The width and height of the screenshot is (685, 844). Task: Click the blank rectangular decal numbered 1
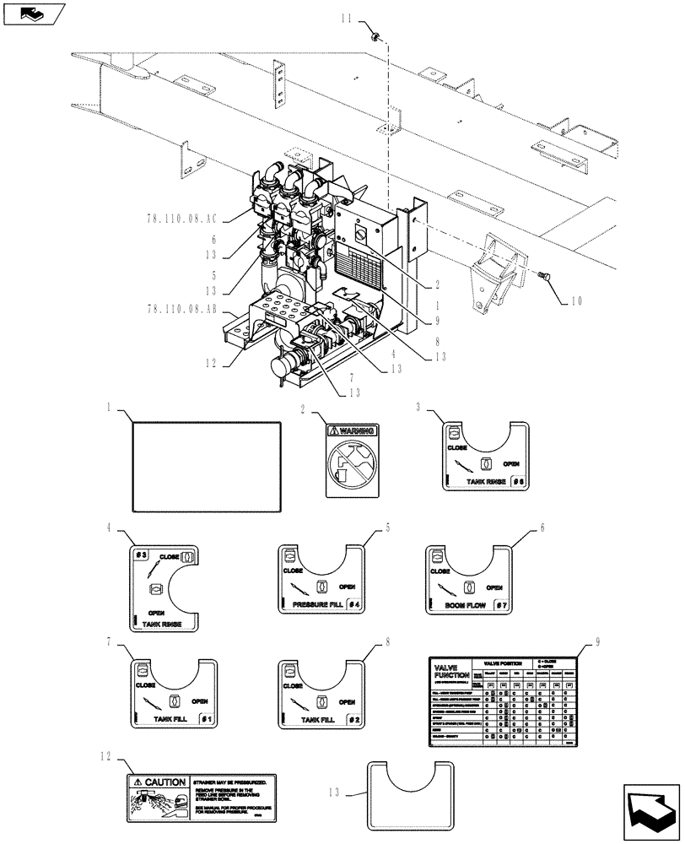(207, 467)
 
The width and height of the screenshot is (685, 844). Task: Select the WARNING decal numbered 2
(352, 460)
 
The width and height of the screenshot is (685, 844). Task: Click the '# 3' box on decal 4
(142, 555)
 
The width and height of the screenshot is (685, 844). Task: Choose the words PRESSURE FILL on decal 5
(317, 605)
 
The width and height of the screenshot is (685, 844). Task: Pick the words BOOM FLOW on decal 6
(462, 605)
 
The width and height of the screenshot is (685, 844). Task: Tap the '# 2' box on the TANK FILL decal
(353, 719)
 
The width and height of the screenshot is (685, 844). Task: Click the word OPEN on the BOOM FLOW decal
(494, 587)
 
